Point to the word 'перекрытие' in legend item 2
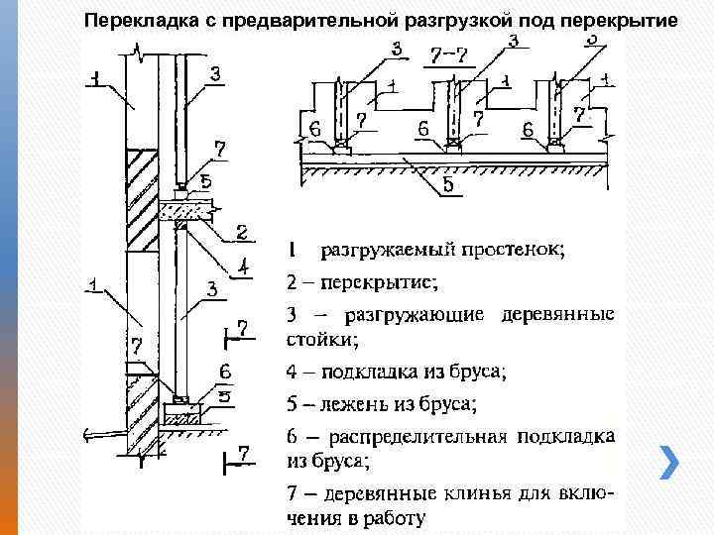point(376,282)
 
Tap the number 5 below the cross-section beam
point(448,184)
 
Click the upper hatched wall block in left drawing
point(142,197)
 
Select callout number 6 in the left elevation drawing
point(225,372)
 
